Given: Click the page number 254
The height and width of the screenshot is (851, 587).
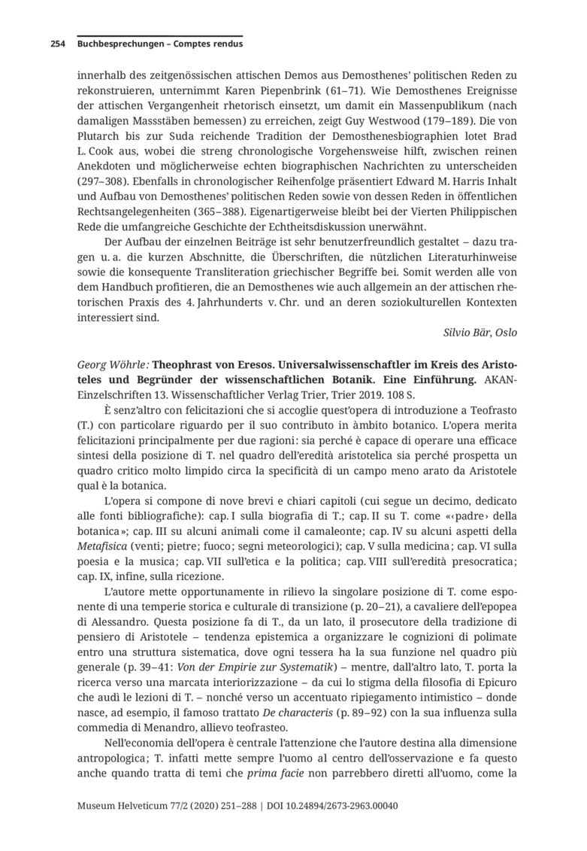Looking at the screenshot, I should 57,44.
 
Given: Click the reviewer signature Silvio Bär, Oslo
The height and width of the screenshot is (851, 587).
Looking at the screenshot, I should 476,332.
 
